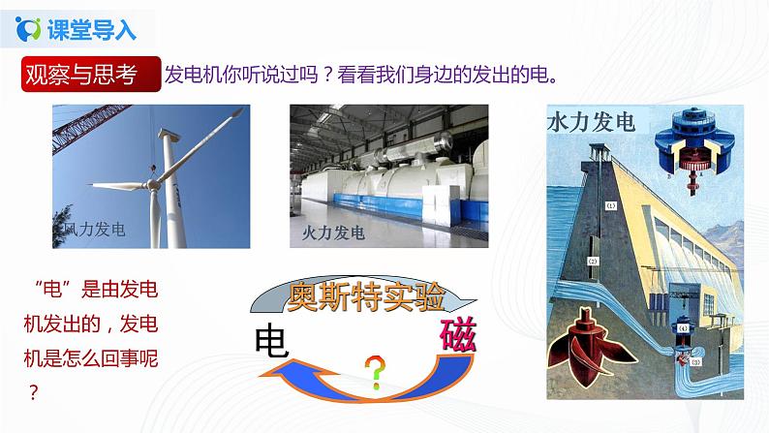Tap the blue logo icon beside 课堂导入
pyautogui.click(x=30, y=30)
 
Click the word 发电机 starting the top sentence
pyautogui.click(x=196, y=76)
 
